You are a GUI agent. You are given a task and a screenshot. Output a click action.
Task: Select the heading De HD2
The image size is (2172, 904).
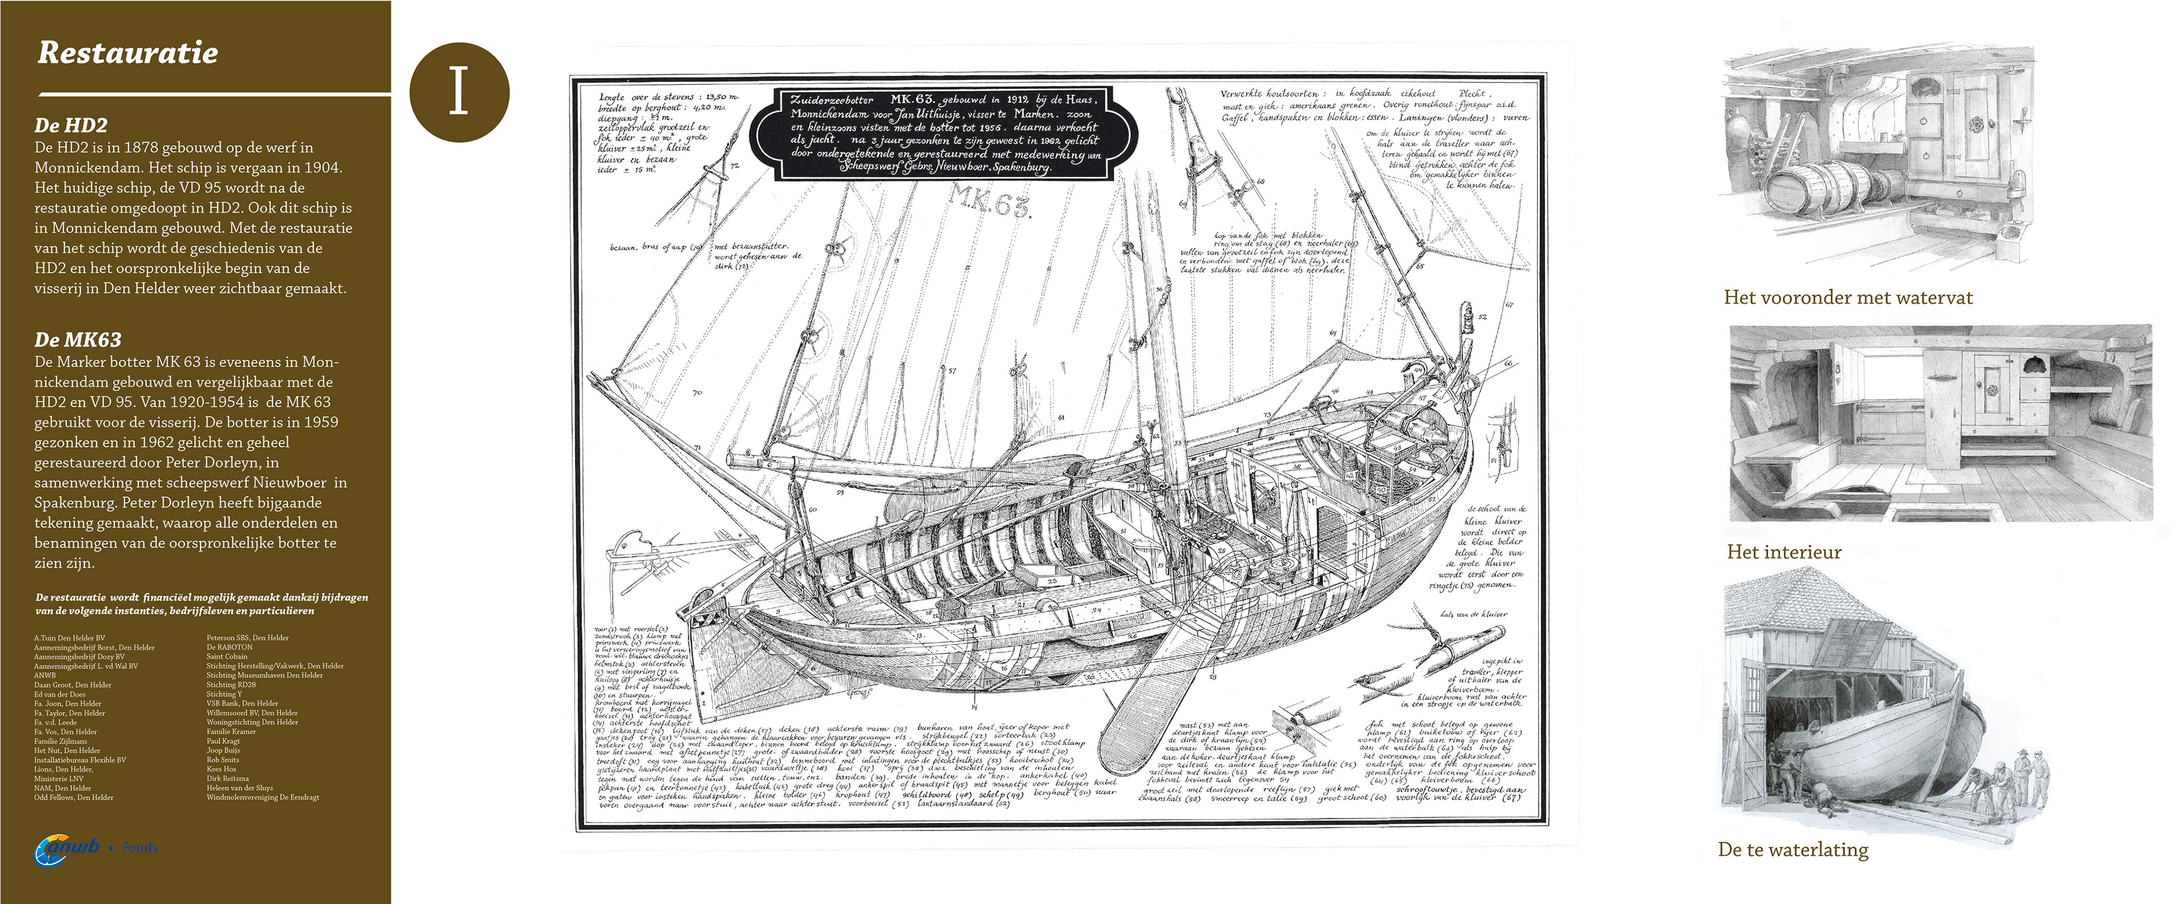point(71,126)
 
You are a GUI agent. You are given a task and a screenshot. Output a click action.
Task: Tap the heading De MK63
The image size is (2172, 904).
point(77,340)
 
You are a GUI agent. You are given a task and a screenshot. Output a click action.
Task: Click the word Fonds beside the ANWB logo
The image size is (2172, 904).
point(140,847)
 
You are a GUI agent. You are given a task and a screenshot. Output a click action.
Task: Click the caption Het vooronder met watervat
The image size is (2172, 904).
point(1848,298)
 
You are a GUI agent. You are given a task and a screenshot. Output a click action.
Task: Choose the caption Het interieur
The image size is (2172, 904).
point(1784,552)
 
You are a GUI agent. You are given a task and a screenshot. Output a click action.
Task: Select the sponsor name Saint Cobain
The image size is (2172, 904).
point(227,657)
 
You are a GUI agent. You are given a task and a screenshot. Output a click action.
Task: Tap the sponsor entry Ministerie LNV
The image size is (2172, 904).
point(58,778)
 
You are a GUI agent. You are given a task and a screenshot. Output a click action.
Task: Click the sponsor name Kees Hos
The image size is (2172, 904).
point(221,769)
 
